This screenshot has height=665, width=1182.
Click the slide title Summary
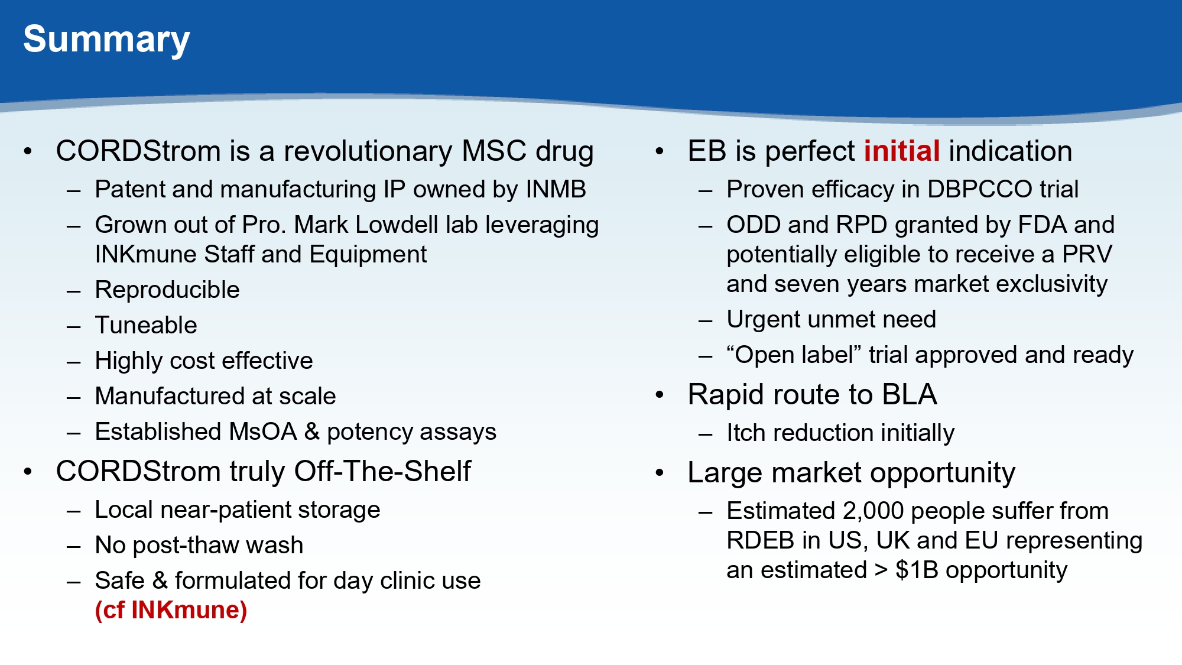tap(106, 40)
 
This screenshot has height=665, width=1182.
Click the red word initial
tap(902, 151)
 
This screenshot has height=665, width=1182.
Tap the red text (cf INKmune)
tap(171, 610)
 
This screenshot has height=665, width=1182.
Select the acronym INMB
tap(556, 189)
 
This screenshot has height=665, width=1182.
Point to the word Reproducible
tap(167, 290)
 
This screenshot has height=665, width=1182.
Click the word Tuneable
tap(146, 325)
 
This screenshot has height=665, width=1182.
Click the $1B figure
tap(917, 570)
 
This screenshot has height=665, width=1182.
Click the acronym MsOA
tap(263, 432)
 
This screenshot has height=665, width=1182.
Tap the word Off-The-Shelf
tap(382, 471)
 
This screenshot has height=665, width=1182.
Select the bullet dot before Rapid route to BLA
tap(660, 395)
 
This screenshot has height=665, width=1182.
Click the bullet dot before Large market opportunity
tap(660, 473)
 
